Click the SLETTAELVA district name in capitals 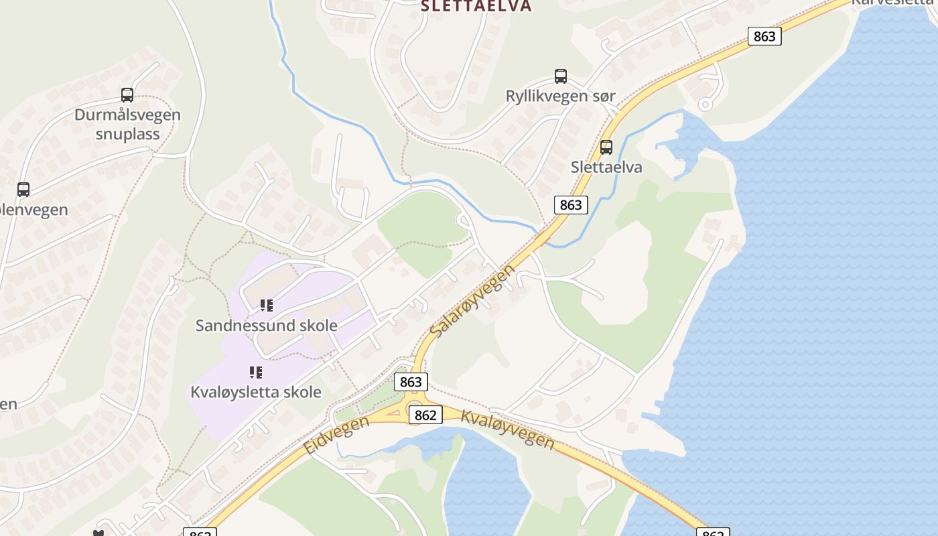(x=476, y=6)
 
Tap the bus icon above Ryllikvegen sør (x=561, y=76)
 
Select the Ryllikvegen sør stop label (x=560, y=96)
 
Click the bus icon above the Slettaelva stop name (x=606, y=147)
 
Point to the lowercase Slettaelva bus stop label (x=606, y=167)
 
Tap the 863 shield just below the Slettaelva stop (x=571, y=204)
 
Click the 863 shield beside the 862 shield (x=411, y=382)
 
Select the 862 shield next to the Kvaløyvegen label (x=425, y=415)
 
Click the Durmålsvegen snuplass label (x=127, y=124)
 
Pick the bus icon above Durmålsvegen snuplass (x=127, y=95)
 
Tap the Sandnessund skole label (x=266, y=326)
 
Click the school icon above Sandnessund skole (x=267, y=306)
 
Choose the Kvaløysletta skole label (x=256, y=392)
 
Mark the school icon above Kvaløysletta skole (x=256, y=372)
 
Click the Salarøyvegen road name (x=473, y=301)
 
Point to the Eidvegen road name (x=336, y=435)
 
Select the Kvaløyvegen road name (x=508, y=429)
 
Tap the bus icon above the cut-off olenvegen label (x=23, y=190)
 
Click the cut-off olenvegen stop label (x=33, y=210)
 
